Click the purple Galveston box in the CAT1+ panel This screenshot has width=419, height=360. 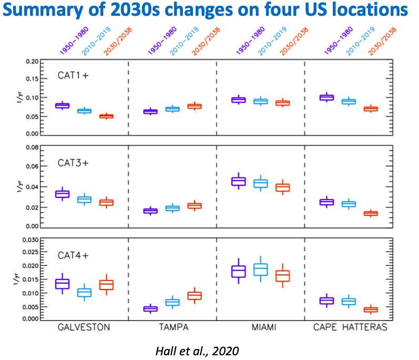[63, 106]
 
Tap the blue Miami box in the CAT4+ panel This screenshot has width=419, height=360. [260, 269]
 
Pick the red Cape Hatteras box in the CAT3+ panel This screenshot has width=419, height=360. [371, 213]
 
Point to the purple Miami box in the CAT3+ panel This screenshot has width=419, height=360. [239, 182]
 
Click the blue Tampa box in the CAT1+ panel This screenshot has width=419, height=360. [172, 109]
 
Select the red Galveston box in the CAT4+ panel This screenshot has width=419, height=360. [106, 284]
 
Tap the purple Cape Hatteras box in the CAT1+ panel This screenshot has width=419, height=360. [327, 97]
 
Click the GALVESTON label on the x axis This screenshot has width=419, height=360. [85, 327]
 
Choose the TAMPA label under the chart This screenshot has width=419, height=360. [173, 327]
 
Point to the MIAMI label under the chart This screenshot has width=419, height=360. [260, 327]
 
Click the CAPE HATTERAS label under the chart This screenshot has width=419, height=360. [350, 327]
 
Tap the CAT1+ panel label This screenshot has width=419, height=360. [73, 75]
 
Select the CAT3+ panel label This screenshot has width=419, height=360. [73, 162]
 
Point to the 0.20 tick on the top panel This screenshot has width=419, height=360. [32, 62]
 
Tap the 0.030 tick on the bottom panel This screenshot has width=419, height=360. [30, 240]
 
